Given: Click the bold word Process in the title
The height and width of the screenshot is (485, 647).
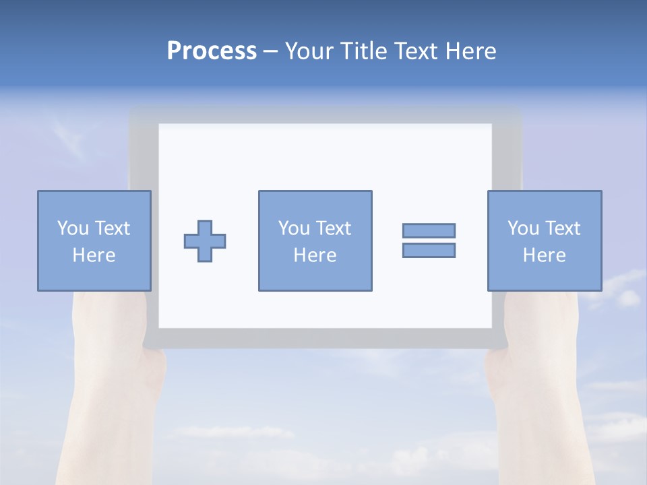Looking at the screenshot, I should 212,51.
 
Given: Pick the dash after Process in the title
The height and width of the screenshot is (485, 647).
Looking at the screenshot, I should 271,52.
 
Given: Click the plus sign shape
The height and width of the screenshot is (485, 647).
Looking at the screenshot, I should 205,240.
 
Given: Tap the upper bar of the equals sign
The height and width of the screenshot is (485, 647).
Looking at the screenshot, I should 429,230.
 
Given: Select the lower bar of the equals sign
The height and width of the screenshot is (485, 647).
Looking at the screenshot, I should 429,250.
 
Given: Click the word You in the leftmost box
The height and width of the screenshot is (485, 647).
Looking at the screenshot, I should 73,228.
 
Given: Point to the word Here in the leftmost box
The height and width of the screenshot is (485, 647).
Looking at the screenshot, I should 94,255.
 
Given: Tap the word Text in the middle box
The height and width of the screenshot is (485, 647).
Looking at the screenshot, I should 333,228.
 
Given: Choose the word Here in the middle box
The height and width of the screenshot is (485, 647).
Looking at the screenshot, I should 315,255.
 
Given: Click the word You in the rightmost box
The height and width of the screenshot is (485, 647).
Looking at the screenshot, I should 524,228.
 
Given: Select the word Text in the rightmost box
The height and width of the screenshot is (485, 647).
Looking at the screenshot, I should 562,228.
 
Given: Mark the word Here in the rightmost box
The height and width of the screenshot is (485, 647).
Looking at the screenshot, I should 544,255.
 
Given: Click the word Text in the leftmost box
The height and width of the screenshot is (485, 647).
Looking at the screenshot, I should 112,228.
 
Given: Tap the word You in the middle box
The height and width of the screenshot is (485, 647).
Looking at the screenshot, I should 295,228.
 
